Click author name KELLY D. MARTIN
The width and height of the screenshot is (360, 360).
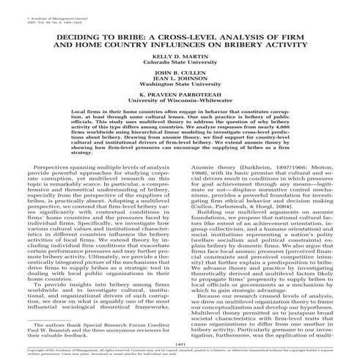pos(180,56)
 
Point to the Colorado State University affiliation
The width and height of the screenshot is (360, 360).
pos(180,62)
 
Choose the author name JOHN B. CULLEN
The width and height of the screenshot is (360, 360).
pos(180,74)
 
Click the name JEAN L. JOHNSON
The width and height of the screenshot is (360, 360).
pos(180,80)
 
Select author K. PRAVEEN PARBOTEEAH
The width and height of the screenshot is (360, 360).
pos(180,98)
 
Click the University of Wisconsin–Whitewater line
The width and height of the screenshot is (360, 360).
pos(180,103)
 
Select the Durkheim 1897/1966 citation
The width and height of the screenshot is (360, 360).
pos(235,167)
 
